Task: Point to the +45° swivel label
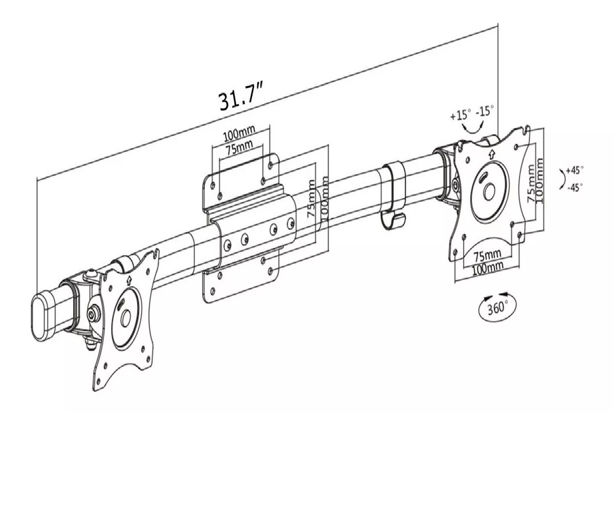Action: tap(574, 170)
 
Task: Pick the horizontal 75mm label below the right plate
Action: tap(488, 255)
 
